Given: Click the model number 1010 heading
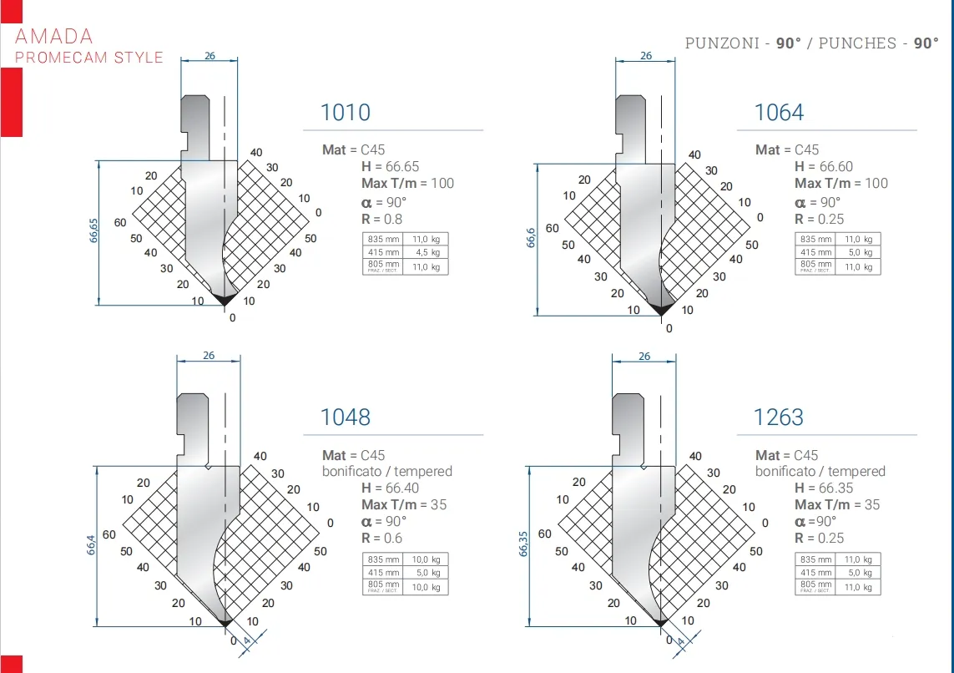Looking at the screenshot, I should point(346,113).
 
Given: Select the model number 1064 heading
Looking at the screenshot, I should point(779,113).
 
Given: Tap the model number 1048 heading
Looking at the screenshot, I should point(346,417).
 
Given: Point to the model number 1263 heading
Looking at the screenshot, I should point(779,417).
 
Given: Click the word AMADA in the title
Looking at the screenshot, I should point(54,36).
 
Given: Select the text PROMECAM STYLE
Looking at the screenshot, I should point(89,58).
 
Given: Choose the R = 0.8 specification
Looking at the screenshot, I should point(381,219).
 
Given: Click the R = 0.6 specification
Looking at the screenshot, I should point(381,539).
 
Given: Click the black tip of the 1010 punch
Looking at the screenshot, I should point(223,298).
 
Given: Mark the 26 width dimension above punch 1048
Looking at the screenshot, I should point(209,356).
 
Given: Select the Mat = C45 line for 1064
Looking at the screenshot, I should point(787,150).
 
